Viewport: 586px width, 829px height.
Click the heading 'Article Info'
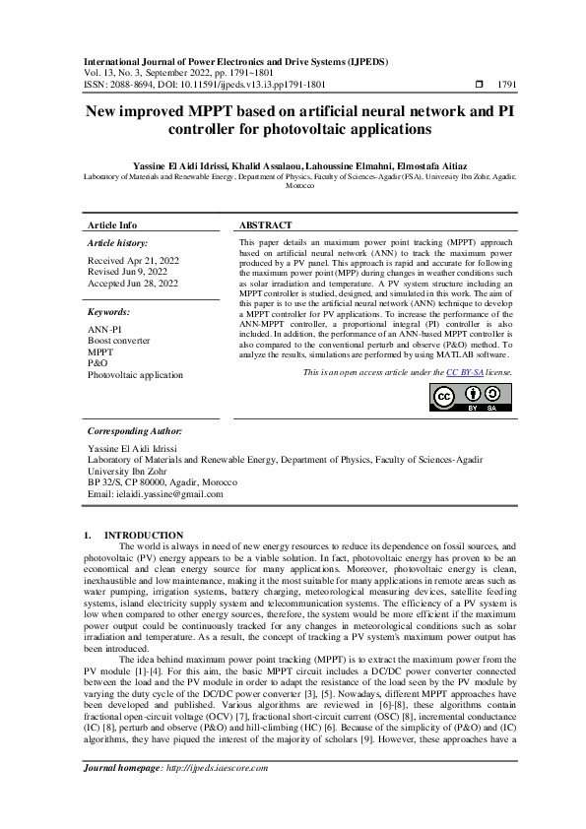[x=112, y=225]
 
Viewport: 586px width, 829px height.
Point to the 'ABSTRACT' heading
[x=265, y=225]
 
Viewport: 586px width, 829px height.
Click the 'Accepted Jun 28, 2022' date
[x=133, y=284]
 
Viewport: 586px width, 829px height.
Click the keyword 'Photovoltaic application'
[x=135, y=375]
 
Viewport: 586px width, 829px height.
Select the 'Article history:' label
[x=117, y=242]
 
